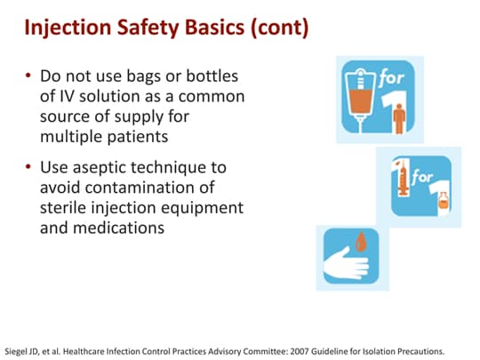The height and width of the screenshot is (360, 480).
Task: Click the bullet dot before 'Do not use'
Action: pos(29,76)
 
